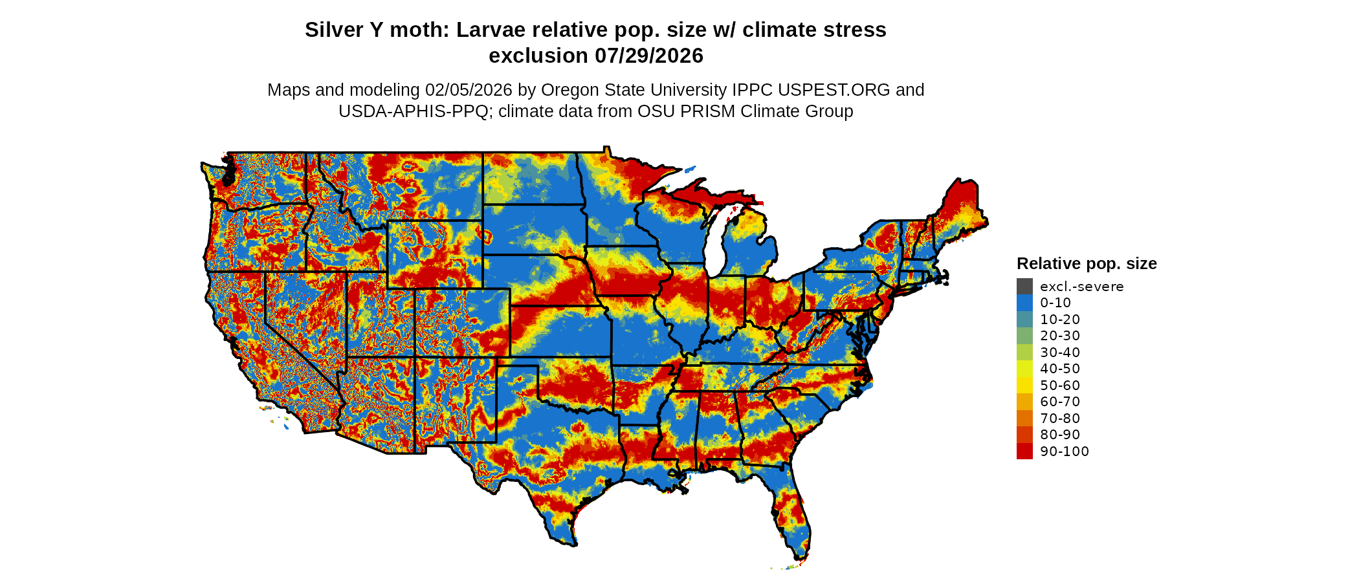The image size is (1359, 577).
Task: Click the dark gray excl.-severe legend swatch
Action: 1024,287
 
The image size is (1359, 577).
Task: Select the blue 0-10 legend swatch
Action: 1024,303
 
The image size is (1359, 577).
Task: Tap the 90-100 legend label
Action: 1064,452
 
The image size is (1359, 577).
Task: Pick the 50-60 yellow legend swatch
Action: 1024,386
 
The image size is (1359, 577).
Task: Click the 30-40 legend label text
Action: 1060,353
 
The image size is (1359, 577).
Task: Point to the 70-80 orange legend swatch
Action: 1024,419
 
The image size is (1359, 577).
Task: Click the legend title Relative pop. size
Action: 1087,264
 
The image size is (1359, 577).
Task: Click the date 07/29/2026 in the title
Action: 649,56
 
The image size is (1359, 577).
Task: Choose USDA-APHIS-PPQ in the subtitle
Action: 413,111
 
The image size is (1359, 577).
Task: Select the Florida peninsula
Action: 793,511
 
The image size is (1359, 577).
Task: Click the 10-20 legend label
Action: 1060,320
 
